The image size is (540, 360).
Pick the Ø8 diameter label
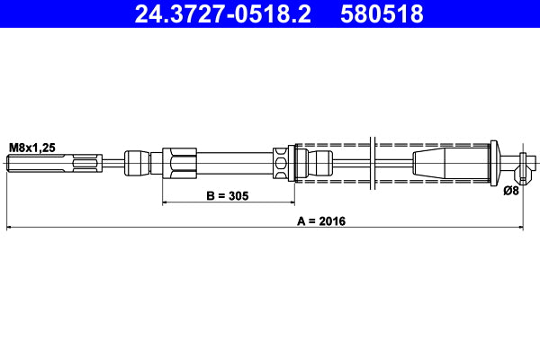(x=511, y=190)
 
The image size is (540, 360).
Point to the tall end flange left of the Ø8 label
(x=493, y=164)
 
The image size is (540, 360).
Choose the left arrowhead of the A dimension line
(x=11, y=229)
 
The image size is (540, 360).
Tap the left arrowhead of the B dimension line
(x=166, y=203)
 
